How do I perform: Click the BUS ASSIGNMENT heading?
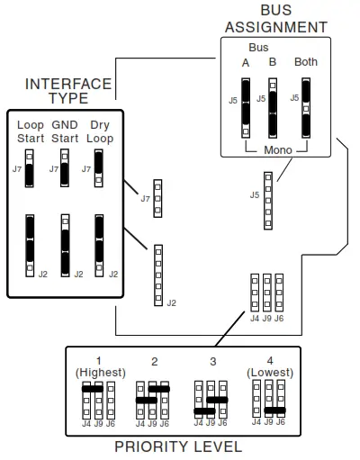[x=275, y=19]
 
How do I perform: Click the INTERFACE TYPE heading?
[x=68, y=91]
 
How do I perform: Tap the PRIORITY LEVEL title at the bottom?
[x=177, y=446]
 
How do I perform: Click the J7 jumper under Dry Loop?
[x=99, y=167]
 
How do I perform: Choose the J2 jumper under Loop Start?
[x=30, y=243]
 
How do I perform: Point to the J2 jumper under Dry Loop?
[x=99, y=243]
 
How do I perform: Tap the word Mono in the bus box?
[x=276, y=149]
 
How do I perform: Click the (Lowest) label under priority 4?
[x=269, y=373]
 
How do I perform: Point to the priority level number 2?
[x=154, y=362]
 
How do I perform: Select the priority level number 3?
[x=212, y=362]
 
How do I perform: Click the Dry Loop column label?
[x=101, y=131]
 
